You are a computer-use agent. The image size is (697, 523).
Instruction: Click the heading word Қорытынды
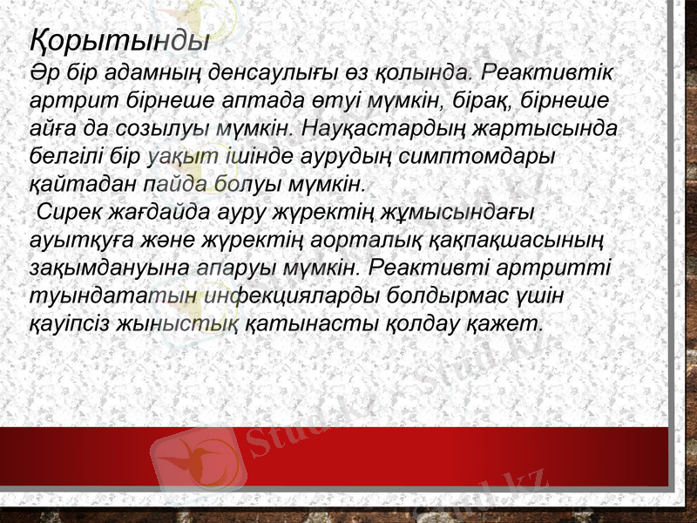click(x=118, y=39)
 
